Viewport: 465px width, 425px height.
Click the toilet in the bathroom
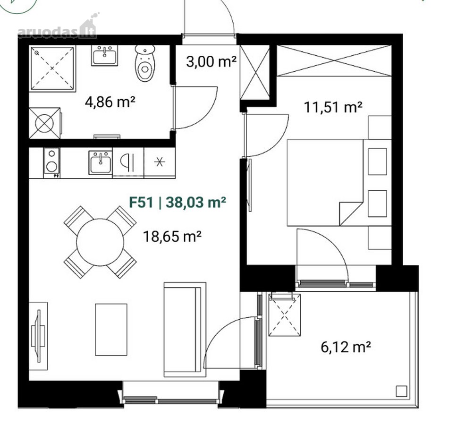pos(145,63)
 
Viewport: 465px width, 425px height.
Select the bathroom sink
pos(104,55)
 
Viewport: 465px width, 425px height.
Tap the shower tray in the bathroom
pos(52,68)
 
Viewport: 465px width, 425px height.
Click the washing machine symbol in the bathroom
pos(45,123)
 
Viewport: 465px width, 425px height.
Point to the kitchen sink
pos(101,162)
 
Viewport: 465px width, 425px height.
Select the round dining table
pos(100,242)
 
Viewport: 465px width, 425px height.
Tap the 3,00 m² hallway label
pos(211,62)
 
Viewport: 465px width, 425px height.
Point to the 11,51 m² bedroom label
pos(333,107)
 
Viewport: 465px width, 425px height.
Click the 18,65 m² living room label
pos(172,237)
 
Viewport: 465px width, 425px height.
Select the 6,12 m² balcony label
pos(346,347)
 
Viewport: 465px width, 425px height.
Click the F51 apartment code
pos(141,202)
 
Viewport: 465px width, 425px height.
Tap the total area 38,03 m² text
pos(196,202)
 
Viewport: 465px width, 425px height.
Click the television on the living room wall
pos(38,336)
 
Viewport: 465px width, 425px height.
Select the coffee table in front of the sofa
pos(111,330)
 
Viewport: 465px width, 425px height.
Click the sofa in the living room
pos(185,330)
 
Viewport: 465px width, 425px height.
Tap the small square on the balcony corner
pos(401,391)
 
